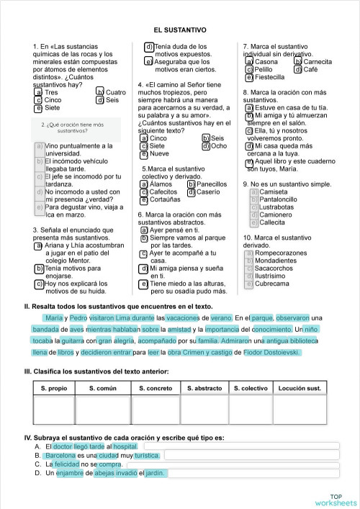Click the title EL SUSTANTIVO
(x=179, y=30)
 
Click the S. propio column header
(x=55, y=388)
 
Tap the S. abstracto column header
(x=204, y=388)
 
